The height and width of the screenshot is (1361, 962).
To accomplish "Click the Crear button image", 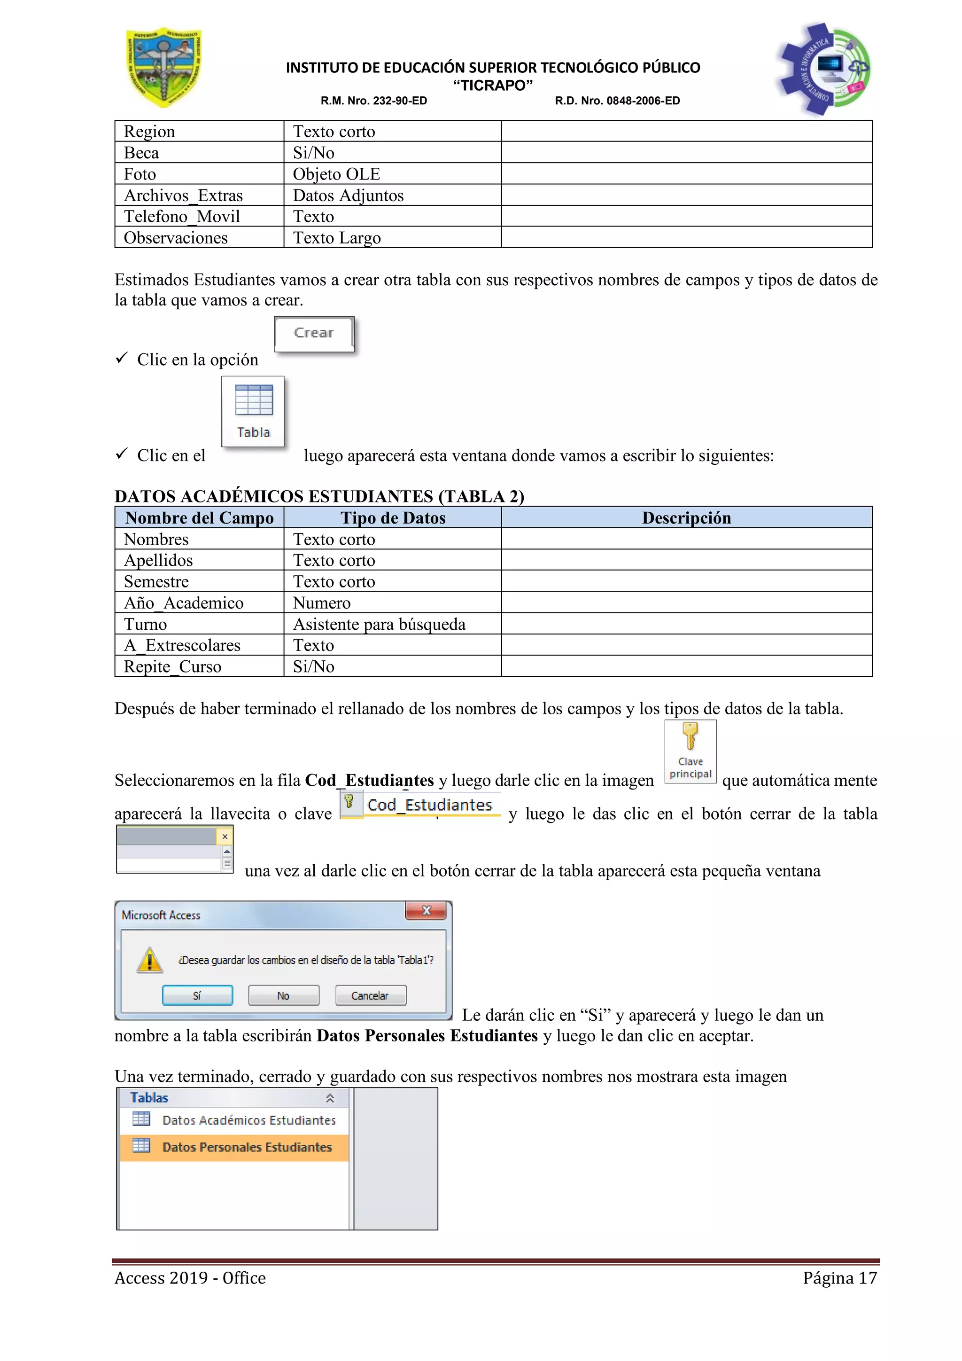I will pyautogui.click(x=314, y=334).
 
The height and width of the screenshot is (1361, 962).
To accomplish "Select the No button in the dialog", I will pyautogui.click(x=283, y=995).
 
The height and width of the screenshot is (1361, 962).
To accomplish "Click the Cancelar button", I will pyautogui.click(x=370, y=995).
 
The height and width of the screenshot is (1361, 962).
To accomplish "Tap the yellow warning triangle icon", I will pyautogui.click(x=150, y=959).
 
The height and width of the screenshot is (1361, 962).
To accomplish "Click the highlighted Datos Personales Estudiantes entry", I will pyautogui.click(x=247, y=1147).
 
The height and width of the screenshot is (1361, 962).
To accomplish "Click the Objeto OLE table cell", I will pyautogui.click(x=336, y=174).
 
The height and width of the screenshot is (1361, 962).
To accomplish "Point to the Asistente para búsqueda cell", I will pyautogui.click(x=379, y=624).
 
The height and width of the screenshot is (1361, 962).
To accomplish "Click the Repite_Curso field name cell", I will pyautogui.click(x=172, y=666).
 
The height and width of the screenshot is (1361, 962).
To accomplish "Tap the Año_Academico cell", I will pyautogui.click(x=184, y=603).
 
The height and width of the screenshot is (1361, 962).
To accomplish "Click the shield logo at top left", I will pyautogui.click(x=164, y=68).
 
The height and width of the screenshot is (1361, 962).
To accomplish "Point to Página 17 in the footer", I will pyautogui.click(x=839, y=1277).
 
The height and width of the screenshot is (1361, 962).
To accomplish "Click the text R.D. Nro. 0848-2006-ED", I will pyautogui.click(x=617, y=101).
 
